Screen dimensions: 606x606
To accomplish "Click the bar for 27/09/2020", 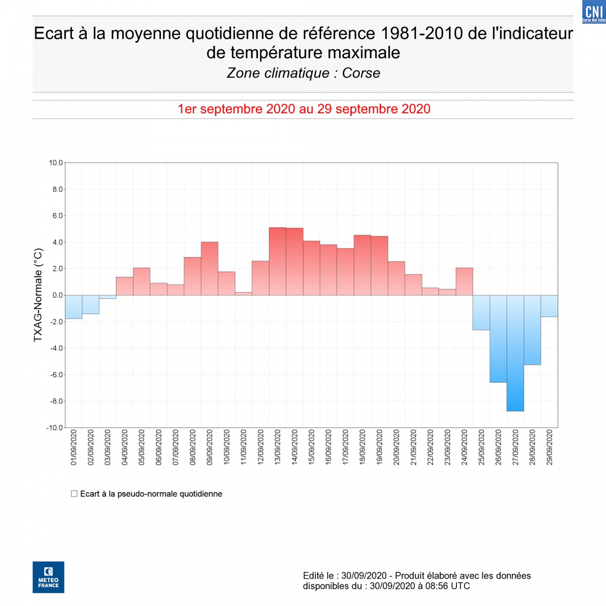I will [x=515, y=353].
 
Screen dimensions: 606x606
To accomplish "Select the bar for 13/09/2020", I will [x=277, y=261].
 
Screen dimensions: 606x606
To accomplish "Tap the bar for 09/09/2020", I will [x=209, y=268].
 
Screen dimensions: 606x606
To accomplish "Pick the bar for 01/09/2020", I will [x=73, y=307].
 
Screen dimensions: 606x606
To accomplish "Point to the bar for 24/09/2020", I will [x=464, y=282].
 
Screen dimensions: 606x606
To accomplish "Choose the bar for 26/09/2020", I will [x=498, y=339].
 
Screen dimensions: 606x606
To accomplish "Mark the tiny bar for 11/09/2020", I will [x=243, y=294].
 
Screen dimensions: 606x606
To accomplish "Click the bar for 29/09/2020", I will [x=549, y=306].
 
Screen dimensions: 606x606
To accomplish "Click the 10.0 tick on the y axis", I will [x=55, y=163].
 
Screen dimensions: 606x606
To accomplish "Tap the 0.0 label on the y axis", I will [x=57, y=295].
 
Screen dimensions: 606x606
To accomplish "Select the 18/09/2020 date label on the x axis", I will [x=362, y=447].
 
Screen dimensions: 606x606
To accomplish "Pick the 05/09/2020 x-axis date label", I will [x=142, y=447].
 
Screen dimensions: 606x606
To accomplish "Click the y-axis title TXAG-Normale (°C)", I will [x=38, y=295].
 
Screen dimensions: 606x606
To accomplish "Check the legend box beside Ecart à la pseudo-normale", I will [x=74, y=494].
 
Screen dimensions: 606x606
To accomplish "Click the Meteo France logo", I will [x=48, y=577].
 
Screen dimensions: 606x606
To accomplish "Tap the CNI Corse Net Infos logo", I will [x=594, y=12].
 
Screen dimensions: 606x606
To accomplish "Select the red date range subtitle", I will [x=304, y=109].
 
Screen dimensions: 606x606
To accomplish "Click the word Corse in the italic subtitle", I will [x=361, y=73].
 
